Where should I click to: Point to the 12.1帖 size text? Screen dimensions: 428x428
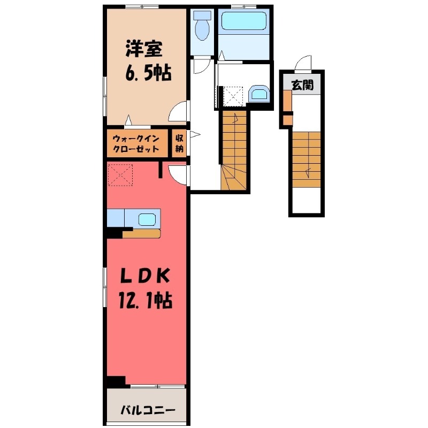(x=146, y=301)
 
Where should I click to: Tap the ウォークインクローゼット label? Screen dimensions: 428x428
(x=136, y=144)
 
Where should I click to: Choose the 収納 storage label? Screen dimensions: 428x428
(x=179, y=143)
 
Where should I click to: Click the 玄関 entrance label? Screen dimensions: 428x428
(x=302, y=85)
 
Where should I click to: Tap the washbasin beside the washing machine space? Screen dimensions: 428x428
(x=259, y=94)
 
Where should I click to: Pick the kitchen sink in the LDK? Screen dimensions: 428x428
(x=147, y=218)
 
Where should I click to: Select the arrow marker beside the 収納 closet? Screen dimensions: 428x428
(x=195, y=135)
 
